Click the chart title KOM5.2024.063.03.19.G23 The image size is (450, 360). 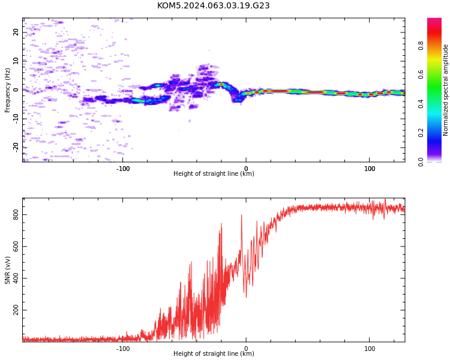(213, 6)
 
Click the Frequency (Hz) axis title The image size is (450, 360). (7, 90)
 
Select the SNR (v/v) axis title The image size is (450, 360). (7, 270)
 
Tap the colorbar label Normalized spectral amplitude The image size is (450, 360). (445, 90)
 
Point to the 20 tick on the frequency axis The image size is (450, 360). (16, 32)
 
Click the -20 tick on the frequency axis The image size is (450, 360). (16, 148)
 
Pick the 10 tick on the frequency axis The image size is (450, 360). (16, 61)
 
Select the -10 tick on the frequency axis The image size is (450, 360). (16, 119)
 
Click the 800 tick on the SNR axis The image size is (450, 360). (16, 214)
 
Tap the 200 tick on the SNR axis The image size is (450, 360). (16, 310)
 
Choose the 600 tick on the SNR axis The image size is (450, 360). (16, 247)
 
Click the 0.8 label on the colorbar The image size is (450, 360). (421, 46)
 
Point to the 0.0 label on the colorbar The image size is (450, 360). (421, 162)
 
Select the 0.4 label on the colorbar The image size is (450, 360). (421, 104)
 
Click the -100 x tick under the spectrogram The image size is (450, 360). (123, 169)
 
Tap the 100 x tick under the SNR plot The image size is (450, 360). (370, 349)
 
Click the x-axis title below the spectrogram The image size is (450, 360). (214, 173)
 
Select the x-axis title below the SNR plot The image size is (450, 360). (214, 353)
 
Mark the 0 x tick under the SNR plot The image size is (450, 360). (246, 349)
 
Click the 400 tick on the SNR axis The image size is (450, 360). (16, 278)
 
